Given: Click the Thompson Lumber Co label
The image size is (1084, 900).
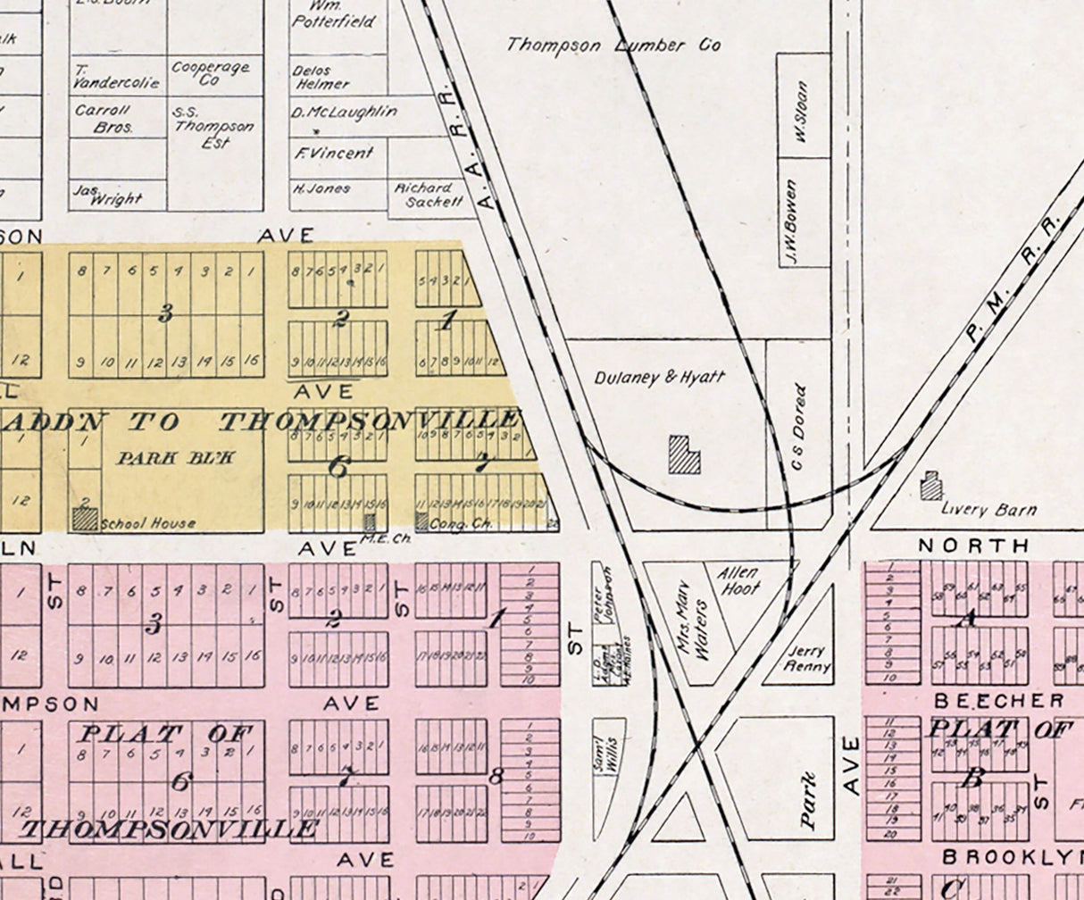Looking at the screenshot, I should pyautogui.click(x=614, y=45).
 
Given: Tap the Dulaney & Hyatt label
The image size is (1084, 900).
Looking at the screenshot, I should pyautogui.click(x=660, y=378).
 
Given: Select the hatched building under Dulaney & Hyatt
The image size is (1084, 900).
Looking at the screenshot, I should pyautogui.click(x=685, y=454).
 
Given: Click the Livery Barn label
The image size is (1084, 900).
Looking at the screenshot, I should pyautogui.click(x=989, y=510).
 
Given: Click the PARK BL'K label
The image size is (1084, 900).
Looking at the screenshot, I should pyautogui.click(x=176, y=457).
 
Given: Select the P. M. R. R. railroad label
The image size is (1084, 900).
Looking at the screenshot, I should pyautogui.click(x=1012, y=279).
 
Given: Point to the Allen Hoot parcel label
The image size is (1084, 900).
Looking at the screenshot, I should pyautogui.click(x=740, y=580).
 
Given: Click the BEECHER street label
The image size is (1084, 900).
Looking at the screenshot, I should pyautogui.click(x=999, y=700).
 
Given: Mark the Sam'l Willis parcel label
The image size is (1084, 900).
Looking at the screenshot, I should pyautogui.click(x=609, y=754).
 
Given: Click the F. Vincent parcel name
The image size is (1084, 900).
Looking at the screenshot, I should pyautogui.click(x=333, y=153).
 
